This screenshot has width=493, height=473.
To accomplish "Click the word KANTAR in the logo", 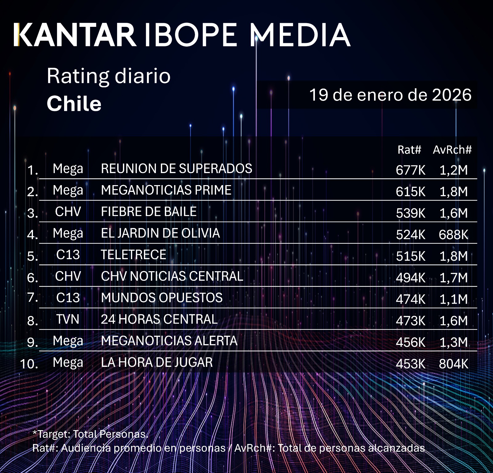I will pyautogui.click(x=75, y=35).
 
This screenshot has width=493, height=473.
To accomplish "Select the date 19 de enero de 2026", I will pyautogui.click(x=390, y=95).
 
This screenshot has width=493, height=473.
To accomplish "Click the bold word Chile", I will pyautogui.click(x=74, y=104).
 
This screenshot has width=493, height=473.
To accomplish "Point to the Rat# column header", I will pyautogui.click(x=409, y=150).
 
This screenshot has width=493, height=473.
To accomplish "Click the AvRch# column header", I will pyautogui.click(x=452, y=150).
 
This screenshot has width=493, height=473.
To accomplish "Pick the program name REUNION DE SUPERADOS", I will pyautogui.click(x=177, y=169).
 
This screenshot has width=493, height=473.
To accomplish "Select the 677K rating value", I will pyautogui.click(x=410, y=170).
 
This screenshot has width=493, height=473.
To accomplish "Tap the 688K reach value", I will pyautogui.click(x=454, y=235).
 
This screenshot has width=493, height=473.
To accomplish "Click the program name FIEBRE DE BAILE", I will pyautogui.click(x=149, y=212).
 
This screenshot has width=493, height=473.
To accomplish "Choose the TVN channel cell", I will pyautogui.click(x=68, y=319).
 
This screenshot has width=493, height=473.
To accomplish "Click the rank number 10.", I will pyautogui.click(x=29, y=364).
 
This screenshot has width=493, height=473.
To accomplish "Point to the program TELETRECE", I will pyautogui.click(x=133, y=255).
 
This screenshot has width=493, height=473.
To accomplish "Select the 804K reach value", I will pyautogui.click(x=454, y=364).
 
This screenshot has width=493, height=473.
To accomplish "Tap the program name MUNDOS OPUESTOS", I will pyautogui.click(x=162, y=298).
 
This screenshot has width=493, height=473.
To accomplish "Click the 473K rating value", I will pyautogui.click(x=410, y=321).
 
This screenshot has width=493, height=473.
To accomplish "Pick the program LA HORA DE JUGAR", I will pyautogui.click(x=157, y=363).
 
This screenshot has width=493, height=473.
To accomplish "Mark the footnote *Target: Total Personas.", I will pyautogui.click(x=90, y=434).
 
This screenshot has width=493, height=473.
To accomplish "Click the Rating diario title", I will pyautogui.click(x=108, y=76).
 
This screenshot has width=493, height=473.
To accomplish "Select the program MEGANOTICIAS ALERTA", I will pyautogui.click(x=169, y=341).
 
